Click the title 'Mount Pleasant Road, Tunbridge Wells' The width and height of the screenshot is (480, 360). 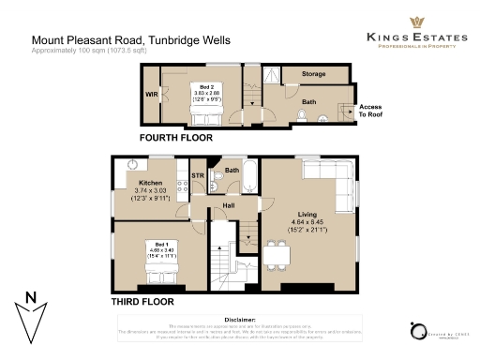(130, 40)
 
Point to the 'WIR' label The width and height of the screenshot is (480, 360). (150, 95)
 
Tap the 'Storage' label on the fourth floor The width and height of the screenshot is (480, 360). (314, 73)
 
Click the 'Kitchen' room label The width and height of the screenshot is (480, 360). (151, 183)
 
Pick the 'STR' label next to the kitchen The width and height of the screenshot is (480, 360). (197, 175)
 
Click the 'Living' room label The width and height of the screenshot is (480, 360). (308, 213)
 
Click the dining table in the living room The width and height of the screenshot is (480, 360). (277, 253)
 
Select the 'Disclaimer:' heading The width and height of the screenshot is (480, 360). (239, 319)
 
